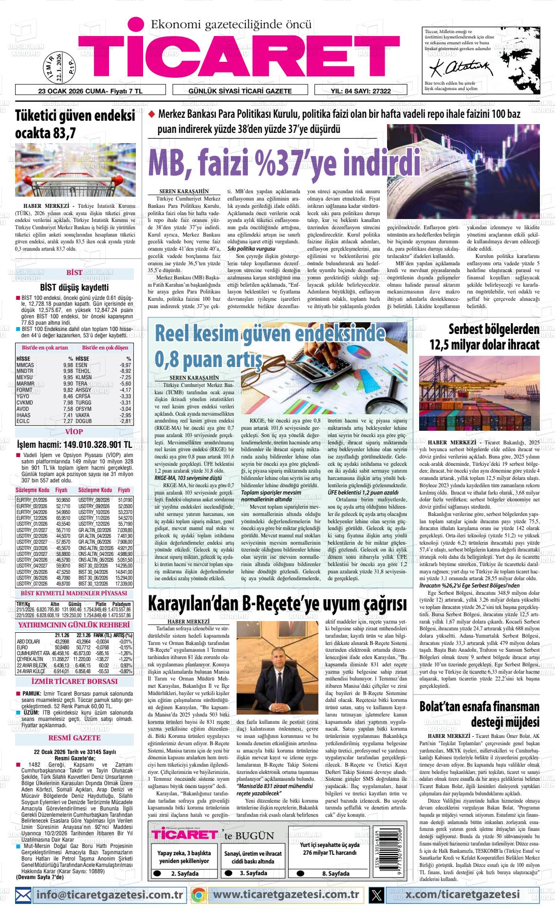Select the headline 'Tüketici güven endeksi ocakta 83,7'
[75, 124]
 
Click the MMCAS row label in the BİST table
[25, 365]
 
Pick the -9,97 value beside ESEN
[125, 365]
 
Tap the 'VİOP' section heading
[74, 432]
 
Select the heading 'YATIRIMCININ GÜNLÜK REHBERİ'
[74, 625]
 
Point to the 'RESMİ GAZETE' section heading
[74, 738]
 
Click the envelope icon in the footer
[23, 895]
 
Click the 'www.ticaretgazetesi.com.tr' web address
[287, 895]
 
